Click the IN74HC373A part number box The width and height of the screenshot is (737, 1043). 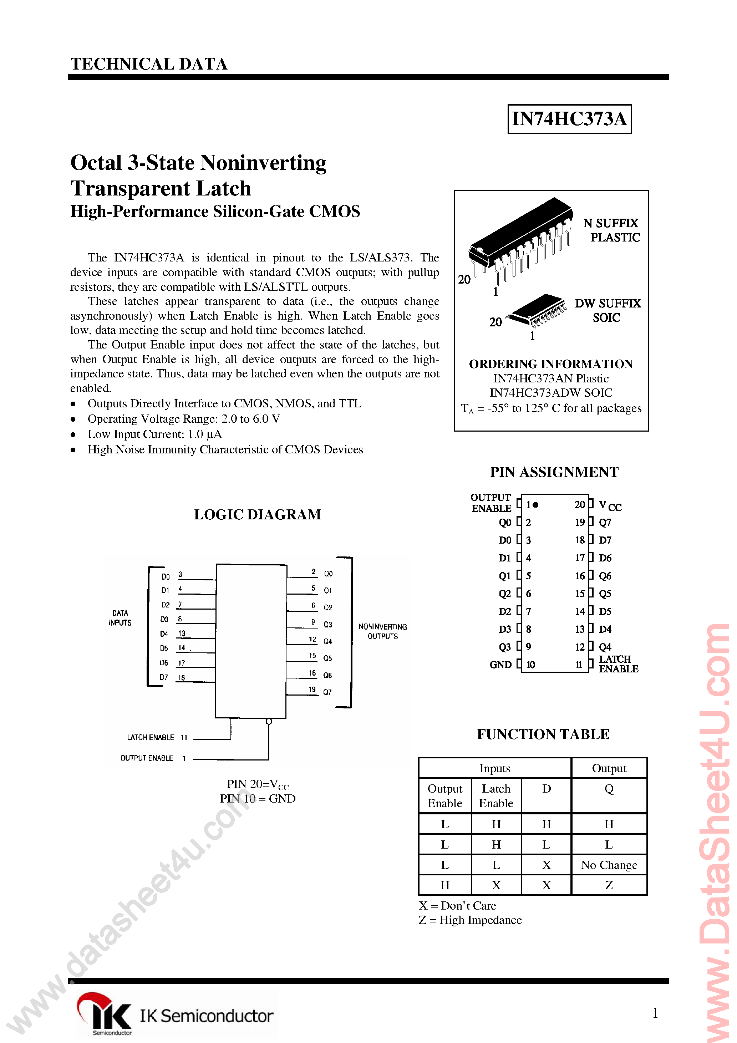[x=569, y=119]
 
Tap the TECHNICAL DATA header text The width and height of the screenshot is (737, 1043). [x=149, y=64]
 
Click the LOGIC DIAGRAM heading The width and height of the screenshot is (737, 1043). [x=257, y=514]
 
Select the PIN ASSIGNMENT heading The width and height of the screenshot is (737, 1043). [x=554, y=472]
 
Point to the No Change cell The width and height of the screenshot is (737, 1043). [x=609, y=865]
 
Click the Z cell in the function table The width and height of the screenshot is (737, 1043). [x=609, y=885]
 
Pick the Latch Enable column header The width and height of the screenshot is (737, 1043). [x=496, y=796]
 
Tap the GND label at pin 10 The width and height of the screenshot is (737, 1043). [x=500, y=665]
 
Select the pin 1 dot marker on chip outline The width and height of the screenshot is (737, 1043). [x=536, y=505]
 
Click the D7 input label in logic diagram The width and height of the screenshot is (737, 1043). [x=164, y=677]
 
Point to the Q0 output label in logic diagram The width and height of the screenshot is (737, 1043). [x=328, y=574]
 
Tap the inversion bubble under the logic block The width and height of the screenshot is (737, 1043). [x=269, y=721]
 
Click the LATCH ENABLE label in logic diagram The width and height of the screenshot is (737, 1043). [x=151, y=737]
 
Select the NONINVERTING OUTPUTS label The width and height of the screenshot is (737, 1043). [x=382, y=631]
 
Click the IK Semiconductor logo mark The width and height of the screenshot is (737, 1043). [x=105, y=1012]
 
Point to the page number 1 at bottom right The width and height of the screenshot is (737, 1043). [x=655, y=1013]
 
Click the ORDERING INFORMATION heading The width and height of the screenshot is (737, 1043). [x=551, y=364]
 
